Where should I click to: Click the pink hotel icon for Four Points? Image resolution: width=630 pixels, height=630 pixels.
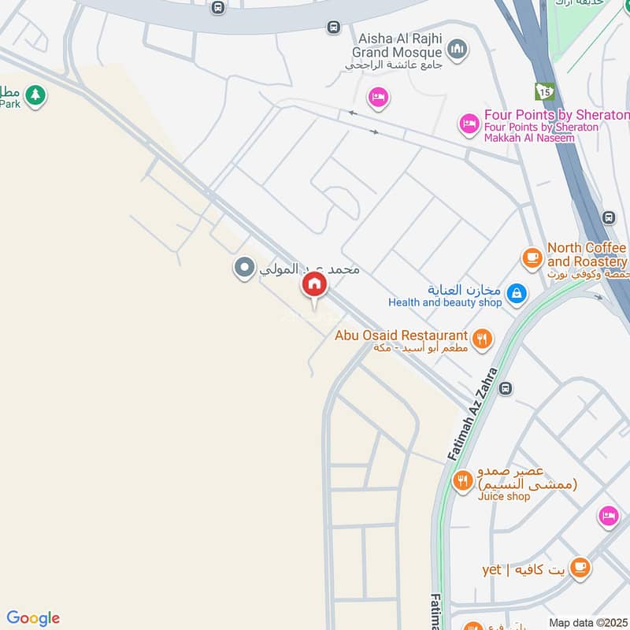pos(470,124)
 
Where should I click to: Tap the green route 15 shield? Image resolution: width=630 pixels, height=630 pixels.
pos(544,91)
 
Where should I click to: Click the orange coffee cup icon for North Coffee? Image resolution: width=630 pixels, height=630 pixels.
pos(532,257)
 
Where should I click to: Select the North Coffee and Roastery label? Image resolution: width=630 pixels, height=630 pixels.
pos(587,254)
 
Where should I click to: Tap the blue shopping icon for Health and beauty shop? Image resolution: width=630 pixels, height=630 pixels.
pos(516,294)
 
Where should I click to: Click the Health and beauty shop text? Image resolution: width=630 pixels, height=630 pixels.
pos(445,302)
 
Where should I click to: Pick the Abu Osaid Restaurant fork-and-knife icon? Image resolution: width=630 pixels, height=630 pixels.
pos(483,339)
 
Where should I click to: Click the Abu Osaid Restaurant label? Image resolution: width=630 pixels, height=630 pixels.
pos(402,335)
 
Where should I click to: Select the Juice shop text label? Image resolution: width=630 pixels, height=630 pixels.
pos(504,496)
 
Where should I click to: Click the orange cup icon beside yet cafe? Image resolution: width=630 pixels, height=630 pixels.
pos(580,567)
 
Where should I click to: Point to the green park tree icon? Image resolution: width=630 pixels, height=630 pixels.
pos(35,96)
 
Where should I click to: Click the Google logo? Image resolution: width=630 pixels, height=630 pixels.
pos(33,618)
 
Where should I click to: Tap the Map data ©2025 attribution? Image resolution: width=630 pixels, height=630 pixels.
pos(587,622)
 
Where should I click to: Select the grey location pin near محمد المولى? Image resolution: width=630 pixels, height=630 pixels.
pos(244,268)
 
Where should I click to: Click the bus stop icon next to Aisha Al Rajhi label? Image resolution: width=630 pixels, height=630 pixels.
pos(333,28)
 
